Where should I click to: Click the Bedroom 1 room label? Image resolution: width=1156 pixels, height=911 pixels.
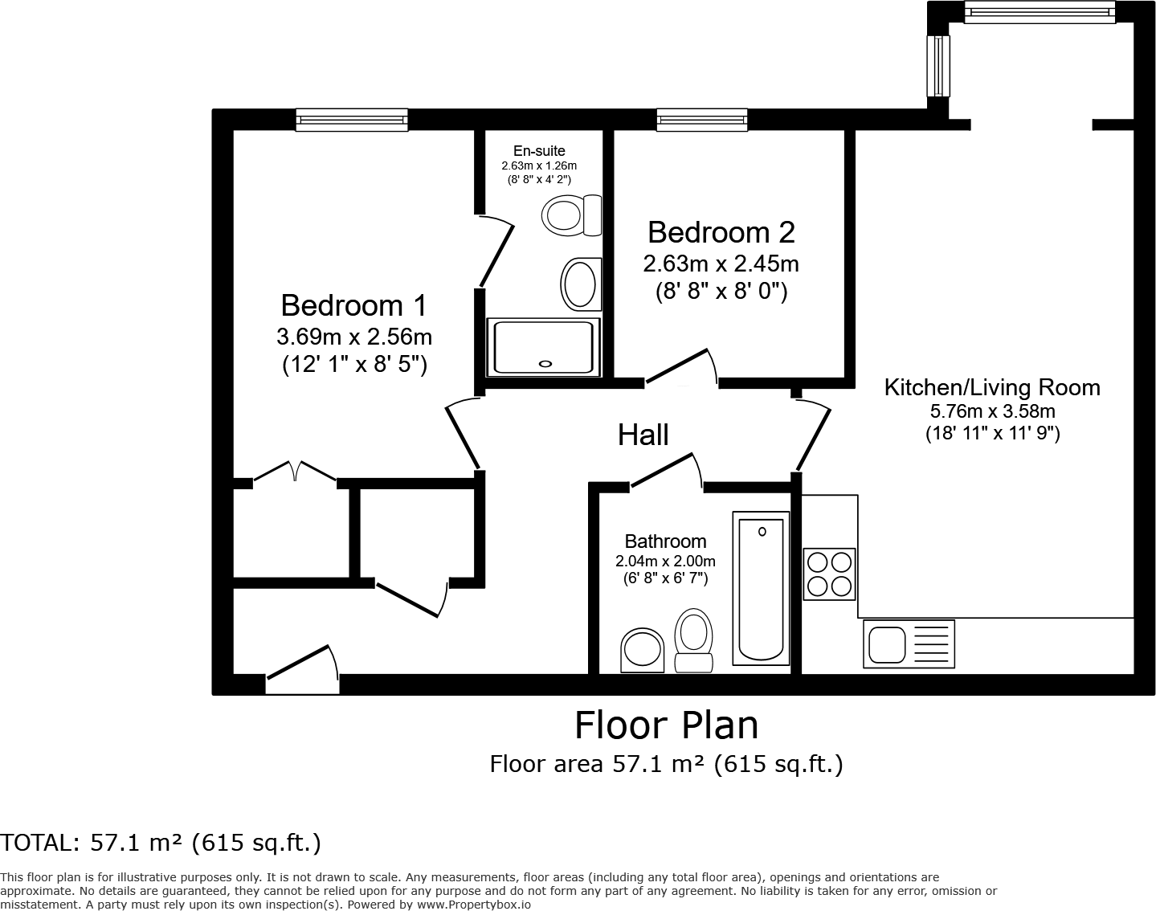353,305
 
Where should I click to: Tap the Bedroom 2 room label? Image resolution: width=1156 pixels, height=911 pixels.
721,232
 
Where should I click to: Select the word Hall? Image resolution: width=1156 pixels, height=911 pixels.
643,435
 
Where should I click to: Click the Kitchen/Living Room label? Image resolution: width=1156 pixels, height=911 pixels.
991,387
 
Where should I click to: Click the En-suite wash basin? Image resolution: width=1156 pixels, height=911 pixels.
580,284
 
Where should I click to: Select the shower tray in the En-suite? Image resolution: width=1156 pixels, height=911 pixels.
544,346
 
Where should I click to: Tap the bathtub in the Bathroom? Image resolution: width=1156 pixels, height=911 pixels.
760,588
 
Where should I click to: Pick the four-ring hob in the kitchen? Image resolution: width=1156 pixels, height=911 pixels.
829,574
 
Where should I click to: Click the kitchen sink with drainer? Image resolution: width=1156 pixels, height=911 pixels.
909,643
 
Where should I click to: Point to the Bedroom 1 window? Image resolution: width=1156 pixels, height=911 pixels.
351,121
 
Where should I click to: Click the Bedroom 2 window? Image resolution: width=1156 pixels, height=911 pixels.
701,121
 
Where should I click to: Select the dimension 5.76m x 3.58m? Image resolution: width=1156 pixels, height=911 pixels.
992,412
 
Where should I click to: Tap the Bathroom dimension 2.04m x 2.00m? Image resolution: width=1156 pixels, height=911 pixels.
665,561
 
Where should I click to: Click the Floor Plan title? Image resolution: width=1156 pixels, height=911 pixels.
666,725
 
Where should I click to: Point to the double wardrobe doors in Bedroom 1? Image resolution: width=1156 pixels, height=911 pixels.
295,472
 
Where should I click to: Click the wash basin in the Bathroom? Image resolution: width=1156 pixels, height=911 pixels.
643,649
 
